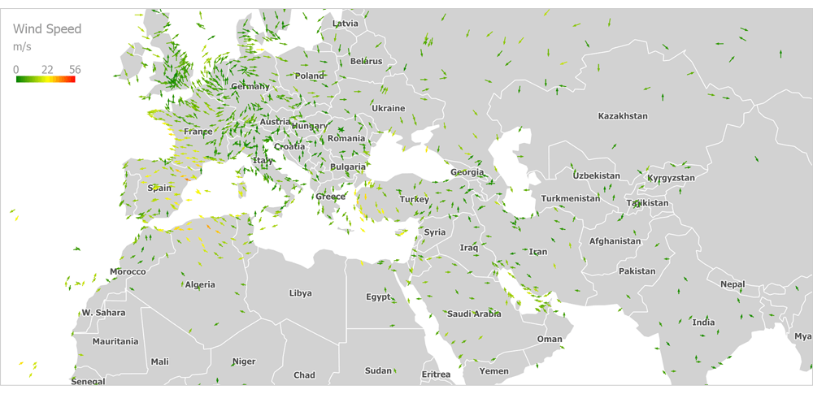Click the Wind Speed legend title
pyautogui.click(x=47, y=29)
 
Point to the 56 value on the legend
pyautogui.click(x=75, y=70)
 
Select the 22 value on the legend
pyautogui.click(x=47, y=70)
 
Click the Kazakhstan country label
pyautogui.click(x=623, y=116)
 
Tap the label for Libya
pyautogui.click(x=300, y=293)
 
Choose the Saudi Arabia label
pyautogui.click(x=474, y=314)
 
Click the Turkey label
pyautogui.click(x=414, y=200)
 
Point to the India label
pyautogui.click(x=703, y=323)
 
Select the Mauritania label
pyautogui.click(x=115, y=341)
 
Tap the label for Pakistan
pyautogui.click(x=637, y=271)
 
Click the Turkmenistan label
pyautogui.click(x=571, y=198)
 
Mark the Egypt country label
pyautogui.click(x=378, y=297)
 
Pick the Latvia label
pyautogui.click(x=346, y=24)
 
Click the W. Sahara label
pyautogui.click(x=103, y=313)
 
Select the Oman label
pyautogui.click(x=550, y=340)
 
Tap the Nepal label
pyautogui.click(x=733, y=284)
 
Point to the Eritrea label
pyautogui.click(x=436, y=375)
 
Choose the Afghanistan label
pyautogui.click(x=615, y=241)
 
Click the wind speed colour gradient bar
pyautogui.click(x=46, y=79)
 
